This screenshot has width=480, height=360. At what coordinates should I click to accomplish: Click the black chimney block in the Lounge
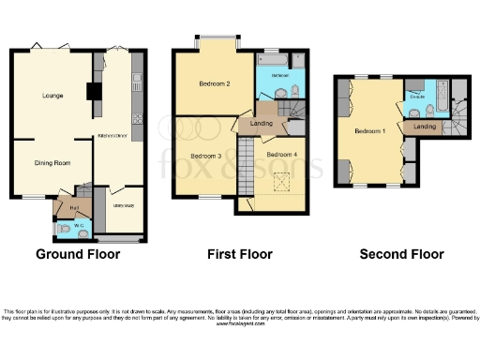(94, 92)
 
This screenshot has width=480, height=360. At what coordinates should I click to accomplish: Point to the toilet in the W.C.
(64, 227)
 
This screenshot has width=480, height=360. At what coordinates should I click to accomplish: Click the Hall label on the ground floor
(73, 208)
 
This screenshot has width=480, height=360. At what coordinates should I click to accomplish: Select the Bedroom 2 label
(215, 83)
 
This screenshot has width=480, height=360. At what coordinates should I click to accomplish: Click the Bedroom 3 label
(205, 156)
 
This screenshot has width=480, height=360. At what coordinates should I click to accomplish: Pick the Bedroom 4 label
(281, 154)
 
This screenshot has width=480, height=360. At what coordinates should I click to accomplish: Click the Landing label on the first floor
(262, 122)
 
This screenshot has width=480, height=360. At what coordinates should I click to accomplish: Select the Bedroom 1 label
(368, 131)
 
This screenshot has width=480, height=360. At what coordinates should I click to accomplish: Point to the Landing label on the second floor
(425, 126)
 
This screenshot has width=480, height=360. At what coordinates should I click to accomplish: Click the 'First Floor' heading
(239, 254)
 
